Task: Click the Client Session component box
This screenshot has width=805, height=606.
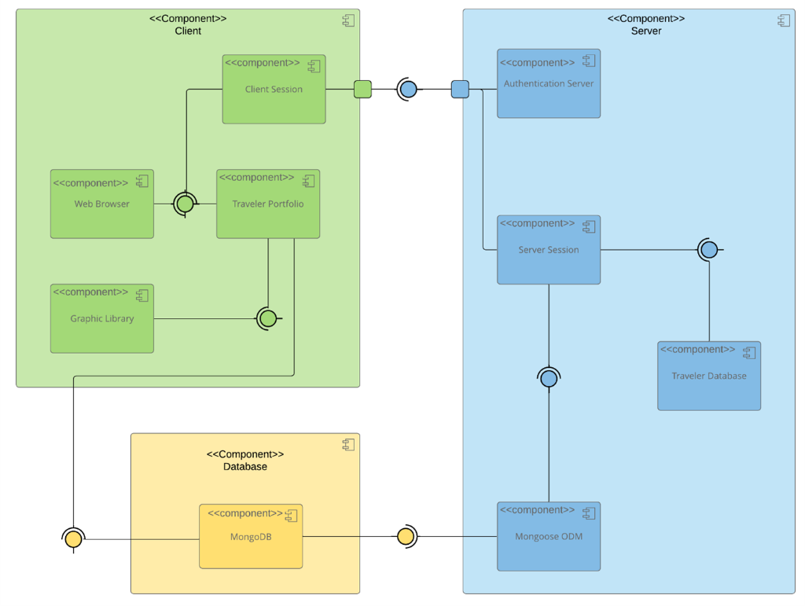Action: (x=274, y=90)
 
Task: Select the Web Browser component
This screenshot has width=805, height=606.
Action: (x=102, y=204)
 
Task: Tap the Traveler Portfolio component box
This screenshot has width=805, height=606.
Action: (x=268, y=204)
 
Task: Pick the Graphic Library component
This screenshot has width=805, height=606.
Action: (x=102, y=319)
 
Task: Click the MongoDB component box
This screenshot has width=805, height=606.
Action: (x=251, y=537)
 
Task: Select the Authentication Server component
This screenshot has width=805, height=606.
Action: (x=549, y=84)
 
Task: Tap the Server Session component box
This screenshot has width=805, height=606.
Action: (x=549, y=250)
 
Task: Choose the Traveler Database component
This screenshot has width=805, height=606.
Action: (x=709, y=376)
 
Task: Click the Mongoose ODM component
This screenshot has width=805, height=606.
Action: (x=549, y=537)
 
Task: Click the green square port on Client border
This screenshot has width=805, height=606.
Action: (x=362, y=90)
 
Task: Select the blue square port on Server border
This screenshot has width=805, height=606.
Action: (x=460, y=90)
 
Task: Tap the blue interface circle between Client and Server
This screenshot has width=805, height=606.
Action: (x=408, y=90)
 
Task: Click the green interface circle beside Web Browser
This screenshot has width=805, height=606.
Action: (x=185, y=204)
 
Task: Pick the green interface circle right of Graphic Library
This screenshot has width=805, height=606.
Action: (x=268, y=319)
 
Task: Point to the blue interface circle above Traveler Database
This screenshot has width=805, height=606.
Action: (x=709, y=250)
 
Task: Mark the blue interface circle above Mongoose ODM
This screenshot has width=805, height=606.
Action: (x=549, y=379)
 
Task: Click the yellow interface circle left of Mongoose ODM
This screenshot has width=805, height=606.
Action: (x=405, y=537)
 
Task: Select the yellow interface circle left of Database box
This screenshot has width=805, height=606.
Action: (x=73, y=539)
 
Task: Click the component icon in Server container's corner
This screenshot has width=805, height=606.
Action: (x=783, y=21)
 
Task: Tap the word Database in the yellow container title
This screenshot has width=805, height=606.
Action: (x=245, y=467)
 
